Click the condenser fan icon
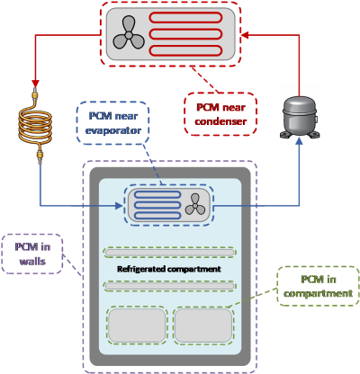129,33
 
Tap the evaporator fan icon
195,205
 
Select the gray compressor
300,118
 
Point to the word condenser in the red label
220,121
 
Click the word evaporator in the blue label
113,130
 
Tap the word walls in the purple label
32,261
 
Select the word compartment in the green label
318,293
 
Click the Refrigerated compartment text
169,269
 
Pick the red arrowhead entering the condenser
245,35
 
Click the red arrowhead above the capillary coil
36,83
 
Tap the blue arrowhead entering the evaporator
119,206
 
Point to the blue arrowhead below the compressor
299,141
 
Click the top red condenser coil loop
185,17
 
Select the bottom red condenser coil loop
185,50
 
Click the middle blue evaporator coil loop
157,205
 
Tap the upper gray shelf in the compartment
169,253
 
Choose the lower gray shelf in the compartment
169,286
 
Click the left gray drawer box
137,325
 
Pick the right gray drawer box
203,325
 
